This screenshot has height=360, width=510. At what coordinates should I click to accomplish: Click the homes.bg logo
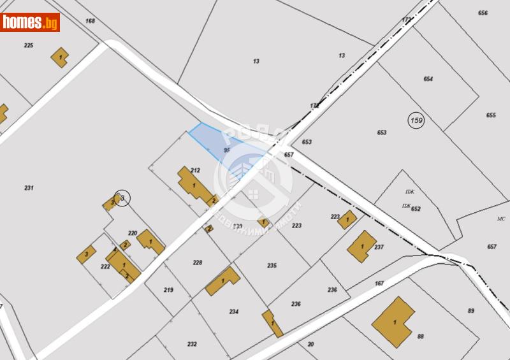30,22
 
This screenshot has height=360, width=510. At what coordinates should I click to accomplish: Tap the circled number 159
416,120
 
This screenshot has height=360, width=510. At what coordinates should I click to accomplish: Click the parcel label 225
29,45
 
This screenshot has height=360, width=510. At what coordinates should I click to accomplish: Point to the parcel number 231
29,187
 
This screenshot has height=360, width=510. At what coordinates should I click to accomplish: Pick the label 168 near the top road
90,21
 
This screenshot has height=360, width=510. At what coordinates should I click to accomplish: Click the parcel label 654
428,79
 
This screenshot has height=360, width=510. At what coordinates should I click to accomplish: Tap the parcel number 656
483,13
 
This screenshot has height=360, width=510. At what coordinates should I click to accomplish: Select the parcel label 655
490,115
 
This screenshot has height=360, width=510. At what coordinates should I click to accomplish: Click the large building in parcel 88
393,322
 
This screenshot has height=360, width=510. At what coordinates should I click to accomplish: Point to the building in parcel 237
361,246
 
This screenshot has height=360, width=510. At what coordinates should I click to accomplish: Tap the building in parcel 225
60,57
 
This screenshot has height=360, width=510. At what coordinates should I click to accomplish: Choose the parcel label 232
192,344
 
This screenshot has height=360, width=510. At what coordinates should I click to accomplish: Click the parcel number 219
168,290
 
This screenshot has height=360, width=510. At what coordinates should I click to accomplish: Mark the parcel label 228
198,263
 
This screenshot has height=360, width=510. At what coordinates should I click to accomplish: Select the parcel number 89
470,310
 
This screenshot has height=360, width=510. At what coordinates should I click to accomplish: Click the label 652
416,208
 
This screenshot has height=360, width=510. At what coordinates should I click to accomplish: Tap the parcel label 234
234,312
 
